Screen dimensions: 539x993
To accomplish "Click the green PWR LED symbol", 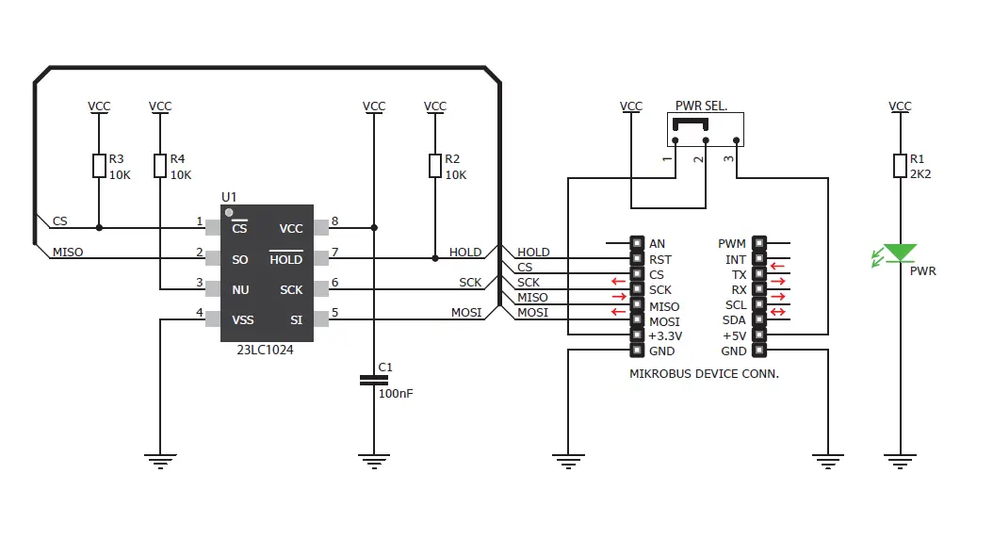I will (x=901, y=253).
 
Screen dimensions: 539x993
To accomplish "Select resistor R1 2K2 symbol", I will (x=901, y=167).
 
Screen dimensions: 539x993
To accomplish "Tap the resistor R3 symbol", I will (x=99, y=167).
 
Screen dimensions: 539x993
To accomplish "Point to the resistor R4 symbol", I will (x=160, y=167).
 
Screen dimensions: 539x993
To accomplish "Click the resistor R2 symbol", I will (x=434, y=167).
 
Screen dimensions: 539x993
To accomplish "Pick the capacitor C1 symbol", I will (x=374, y=380).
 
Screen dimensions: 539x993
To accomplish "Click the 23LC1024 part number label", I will (x=266, y=348).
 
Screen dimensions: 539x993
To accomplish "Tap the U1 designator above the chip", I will (x=229, y=197).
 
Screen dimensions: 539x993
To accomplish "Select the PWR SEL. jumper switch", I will (x=705, y=130).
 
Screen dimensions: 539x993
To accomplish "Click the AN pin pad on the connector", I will (x=636, y=244).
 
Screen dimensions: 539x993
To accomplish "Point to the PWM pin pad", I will (x=759, y=244).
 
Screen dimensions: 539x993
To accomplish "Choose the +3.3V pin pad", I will (x=636, y=335).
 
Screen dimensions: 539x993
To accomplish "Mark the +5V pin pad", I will (x=759, y=335).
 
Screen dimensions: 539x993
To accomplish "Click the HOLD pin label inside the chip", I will (x=286, y=259).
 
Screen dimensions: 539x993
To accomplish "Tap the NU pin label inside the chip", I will (x=240, y=290).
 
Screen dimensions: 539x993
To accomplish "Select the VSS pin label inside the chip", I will (x=243, y=320).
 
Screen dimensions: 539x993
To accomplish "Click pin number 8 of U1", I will (x=334, y=222).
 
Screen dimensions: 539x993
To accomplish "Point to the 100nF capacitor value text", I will (x=395, y=393).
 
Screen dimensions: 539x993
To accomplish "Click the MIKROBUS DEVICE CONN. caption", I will (x=704, y=374).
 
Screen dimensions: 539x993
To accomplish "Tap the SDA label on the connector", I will (x=735, y=320).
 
